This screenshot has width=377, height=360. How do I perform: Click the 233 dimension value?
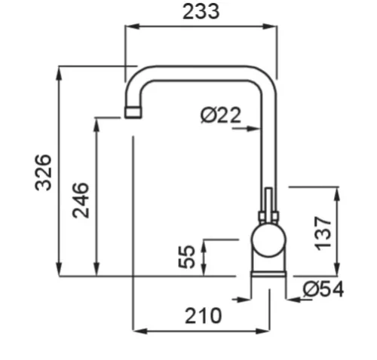pos(201,12)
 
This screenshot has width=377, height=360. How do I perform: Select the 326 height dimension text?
pos(43,172)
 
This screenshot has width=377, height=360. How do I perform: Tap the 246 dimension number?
pos(81,200)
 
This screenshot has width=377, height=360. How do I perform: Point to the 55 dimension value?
pos(186,256)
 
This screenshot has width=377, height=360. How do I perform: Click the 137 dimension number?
pos(323,233)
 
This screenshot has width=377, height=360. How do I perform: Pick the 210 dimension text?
pos(204,316)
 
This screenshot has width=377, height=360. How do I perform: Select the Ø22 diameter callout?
pos(221,115)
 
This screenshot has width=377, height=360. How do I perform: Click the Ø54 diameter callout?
pos(323,289)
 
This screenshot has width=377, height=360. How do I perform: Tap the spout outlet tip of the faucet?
pos(133,112)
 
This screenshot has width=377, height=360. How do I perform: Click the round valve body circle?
pos(268,240)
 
